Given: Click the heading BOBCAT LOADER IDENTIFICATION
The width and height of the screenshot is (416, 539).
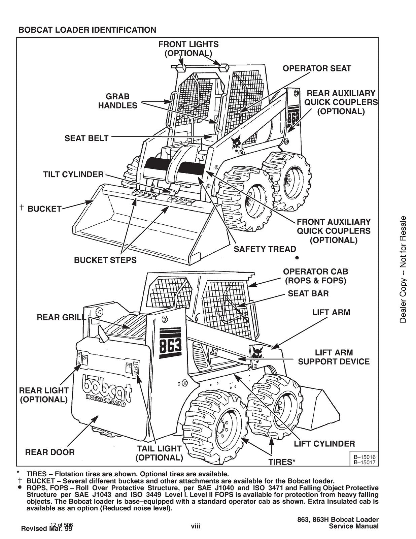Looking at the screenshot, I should click(87, 30).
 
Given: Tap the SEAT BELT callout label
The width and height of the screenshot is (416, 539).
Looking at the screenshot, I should click(86, 138).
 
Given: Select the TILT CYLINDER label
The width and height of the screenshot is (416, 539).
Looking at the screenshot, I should click(73, 175).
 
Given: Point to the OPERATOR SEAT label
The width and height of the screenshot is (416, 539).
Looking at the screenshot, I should click(316, 69).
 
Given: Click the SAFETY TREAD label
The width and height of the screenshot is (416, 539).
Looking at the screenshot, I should click(265, 249).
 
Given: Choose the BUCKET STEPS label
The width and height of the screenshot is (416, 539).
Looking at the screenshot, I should click(105, 260).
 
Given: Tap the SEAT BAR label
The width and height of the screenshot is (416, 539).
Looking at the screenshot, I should click(308, 293).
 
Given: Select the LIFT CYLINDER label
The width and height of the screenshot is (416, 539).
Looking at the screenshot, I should click(324, 444).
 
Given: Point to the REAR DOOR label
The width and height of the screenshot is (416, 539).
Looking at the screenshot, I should click(50, 452).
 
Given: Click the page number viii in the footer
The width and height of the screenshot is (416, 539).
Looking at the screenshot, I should click(195, 526).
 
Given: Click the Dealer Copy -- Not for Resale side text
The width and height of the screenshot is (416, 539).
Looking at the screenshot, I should click(403, 269).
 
